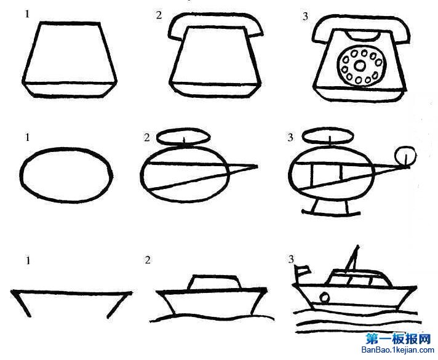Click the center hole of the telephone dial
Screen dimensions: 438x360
point(359,66)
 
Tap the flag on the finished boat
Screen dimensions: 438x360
point(303,270)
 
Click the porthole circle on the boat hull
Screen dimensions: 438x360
point(324,297)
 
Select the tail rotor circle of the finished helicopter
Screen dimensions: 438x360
point(405,155)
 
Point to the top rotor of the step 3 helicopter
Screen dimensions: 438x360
point(328,136)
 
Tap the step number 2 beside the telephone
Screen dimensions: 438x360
point(159,15)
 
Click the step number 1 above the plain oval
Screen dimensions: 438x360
point(27,137)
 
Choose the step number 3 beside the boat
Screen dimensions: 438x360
point(291,259)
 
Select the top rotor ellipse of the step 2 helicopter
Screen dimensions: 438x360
point(184,137)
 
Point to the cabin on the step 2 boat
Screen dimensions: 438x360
point(215,282)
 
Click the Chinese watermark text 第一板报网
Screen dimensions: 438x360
point(399,339)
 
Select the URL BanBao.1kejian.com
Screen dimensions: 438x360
point(398,350)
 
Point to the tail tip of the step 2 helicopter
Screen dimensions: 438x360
point(257,167)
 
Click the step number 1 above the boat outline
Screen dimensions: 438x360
point(28,261)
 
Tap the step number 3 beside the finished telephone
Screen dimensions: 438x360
point(306,17)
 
